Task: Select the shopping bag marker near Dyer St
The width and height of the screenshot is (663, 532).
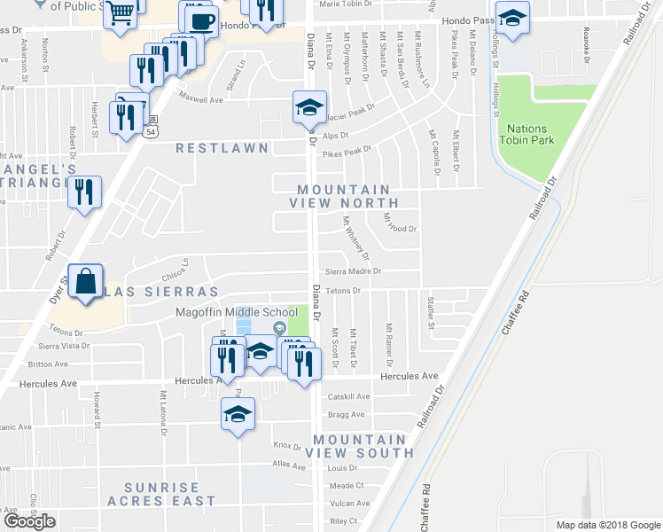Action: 86,283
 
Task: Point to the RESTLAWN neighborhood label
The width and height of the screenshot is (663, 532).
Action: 221,148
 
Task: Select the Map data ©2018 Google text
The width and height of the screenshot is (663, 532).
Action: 608,525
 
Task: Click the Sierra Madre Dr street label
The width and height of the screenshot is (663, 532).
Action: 353,271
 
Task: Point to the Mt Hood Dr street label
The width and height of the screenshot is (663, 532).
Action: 400,229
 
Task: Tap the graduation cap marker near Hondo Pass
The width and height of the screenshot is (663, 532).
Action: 512,18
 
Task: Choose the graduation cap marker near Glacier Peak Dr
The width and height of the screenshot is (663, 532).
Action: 308,107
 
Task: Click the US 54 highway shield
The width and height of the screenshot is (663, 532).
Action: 151,131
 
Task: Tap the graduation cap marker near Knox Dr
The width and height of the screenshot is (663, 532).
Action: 238,414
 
